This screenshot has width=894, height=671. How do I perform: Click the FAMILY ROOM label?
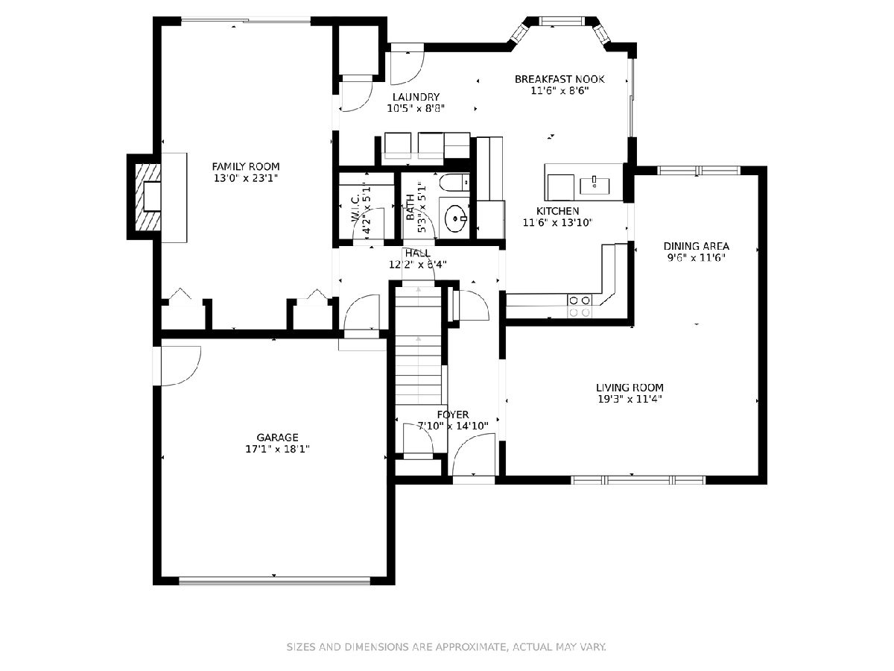coord(246,166)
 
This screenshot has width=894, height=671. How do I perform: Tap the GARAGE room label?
coord(277,438)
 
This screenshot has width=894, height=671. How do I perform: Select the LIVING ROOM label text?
coord(630,388)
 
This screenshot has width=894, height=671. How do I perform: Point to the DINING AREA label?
coord(696,246)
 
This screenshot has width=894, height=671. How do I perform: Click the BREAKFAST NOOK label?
coord(559,79)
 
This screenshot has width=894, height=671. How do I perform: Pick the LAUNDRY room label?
coord(416,97)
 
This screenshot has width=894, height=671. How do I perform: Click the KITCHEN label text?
coord(557,211)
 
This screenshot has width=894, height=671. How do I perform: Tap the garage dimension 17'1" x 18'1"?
coord(277,449)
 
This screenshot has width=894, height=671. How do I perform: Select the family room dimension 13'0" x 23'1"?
coord(246,178)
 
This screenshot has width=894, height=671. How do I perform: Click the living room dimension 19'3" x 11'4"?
coord(630,399)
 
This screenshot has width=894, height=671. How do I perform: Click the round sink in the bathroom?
coord(455,218)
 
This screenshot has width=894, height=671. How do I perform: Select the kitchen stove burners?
coord(580,306)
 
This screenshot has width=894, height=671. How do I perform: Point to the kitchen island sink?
coord(595,185)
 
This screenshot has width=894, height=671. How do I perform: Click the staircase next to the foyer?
coord(418,346)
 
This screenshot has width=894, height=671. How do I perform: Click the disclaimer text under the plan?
coord(446,646)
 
